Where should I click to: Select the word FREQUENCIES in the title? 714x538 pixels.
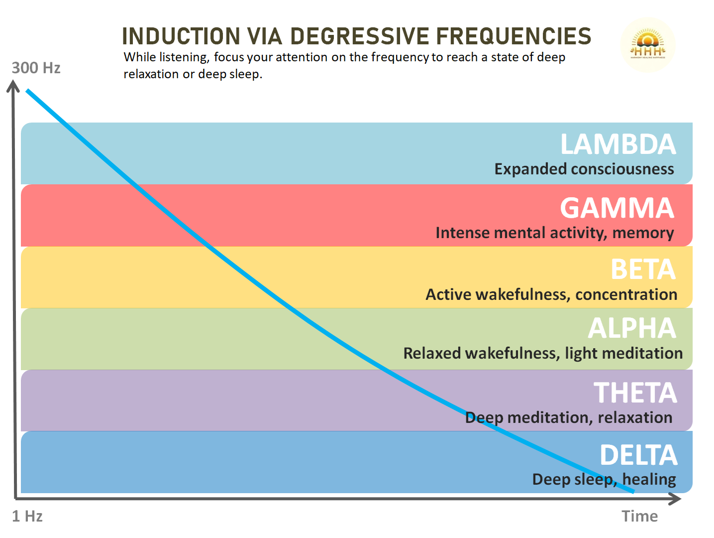pos(513,36)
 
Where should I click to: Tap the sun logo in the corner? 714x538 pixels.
pos(647,45)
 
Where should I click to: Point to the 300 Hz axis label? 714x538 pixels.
pos(36,68)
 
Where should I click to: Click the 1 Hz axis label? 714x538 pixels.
pos(27,516)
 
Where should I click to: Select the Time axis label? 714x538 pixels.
pos(639,516)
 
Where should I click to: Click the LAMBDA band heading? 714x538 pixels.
pos(617,144)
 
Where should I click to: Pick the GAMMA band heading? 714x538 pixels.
pos(616,208)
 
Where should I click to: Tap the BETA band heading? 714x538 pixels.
pos(642,269)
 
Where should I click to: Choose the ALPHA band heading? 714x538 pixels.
pos(631,328)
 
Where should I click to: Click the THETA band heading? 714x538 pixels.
pos(635,393)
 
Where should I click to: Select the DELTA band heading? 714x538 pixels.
pos(638,455)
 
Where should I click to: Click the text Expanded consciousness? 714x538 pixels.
pos(584,169)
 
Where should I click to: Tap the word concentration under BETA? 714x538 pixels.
pos(626,294)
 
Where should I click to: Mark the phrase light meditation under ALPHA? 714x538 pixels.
pos(623,353)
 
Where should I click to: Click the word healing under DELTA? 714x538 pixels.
pos(649,479)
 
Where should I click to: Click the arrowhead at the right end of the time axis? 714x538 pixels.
pos(676,499)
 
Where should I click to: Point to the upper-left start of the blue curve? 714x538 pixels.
pos(28,91)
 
